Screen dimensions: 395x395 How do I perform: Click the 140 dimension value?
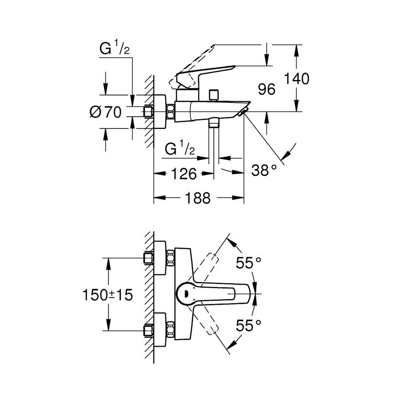point(297,79)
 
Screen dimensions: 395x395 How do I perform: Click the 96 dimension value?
point(266,89)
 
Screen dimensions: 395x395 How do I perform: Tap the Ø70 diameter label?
point(105,112)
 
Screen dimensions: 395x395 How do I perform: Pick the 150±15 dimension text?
point(107,295)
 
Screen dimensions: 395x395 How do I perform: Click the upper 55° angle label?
point(249,263)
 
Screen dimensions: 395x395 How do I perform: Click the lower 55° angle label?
point(249,326)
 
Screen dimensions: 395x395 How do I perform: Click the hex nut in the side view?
point(171,112)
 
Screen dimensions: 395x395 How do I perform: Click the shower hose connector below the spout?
point(214,123)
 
